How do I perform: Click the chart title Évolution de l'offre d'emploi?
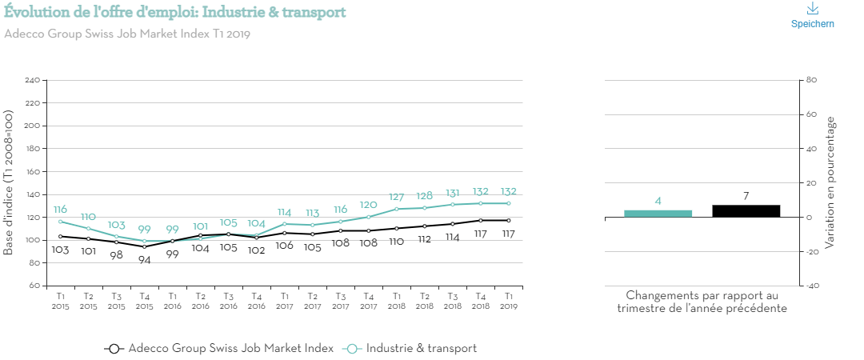175,12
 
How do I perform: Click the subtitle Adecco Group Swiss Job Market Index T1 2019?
128,34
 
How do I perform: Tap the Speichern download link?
812,15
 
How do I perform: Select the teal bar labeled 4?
658,213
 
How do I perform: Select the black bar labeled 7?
746,210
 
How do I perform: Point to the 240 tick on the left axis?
33,81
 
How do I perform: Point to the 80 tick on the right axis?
810,81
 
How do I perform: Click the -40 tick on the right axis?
810,286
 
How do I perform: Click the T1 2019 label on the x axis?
508,300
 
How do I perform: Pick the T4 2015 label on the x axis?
144,300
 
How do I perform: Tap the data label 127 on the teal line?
396,197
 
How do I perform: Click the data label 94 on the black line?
144,260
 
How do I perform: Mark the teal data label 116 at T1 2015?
60,209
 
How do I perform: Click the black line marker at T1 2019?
508,220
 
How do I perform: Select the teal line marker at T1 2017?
284,223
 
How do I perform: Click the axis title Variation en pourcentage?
831,182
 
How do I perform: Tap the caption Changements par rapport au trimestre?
702,302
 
